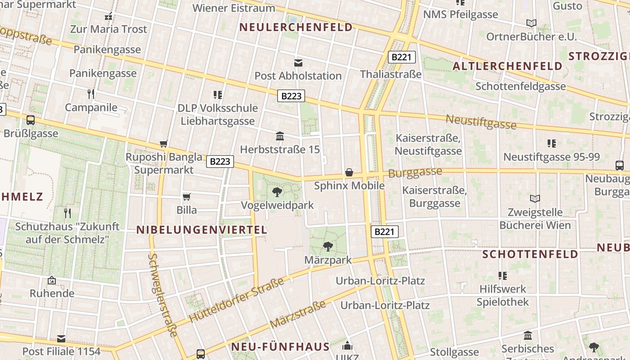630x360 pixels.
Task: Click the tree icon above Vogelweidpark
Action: coord(277,192)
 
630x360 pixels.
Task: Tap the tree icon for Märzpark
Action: coord(328,246)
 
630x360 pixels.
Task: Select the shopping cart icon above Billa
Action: coord(186,197)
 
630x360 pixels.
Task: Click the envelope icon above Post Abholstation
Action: coord(298,63)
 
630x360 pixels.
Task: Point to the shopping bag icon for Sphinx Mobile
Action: coord(349,172)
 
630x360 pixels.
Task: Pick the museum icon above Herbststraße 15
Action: coord(279,136)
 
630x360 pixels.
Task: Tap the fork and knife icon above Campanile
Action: coord(91,94)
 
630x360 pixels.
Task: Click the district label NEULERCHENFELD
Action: coord(296,27)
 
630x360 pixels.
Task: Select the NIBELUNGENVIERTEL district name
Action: coord(202,230)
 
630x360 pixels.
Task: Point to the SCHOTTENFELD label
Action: coord(530,254)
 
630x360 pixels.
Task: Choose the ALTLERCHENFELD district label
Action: coord(508,66)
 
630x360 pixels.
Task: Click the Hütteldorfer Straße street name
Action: coord(236,300)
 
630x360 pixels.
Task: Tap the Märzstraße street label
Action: coord(298,315)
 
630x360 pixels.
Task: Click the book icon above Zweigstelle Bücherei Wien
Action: coord(535,198)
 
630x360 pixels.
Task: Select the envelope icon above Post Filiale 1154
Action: coord(61,338)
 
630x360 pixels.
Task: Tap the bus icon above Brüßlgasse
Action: coord(31,120)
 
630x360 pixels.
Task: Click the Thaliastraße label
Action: coord(391,74)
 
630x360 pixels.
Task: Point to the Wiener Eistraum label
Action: coord(234,8)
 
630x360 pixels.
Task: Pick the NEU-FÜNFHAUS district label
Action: coord(280,347)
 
